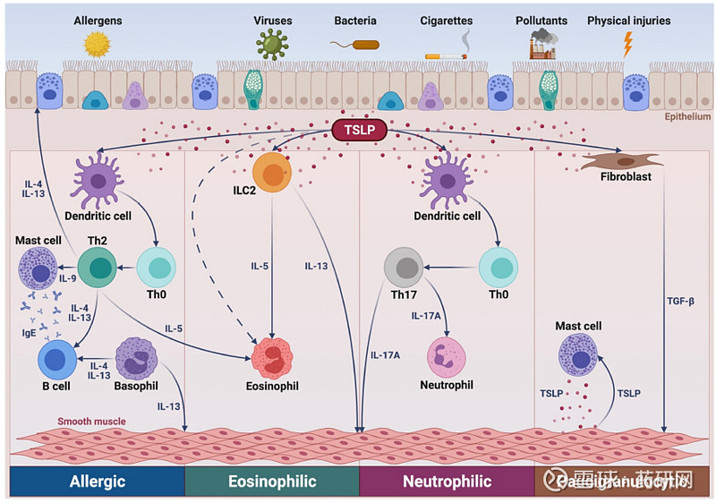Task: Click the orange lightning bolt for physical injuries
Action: (x=627, y=44)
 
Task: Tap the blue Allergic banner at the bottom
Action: (x=97, y=482)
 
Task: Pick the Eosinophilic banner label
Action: (x=271, y=482)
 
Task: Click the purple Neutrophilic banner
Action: (x=447, y=482)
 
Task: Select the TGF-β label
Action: (x=680, y=301)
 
